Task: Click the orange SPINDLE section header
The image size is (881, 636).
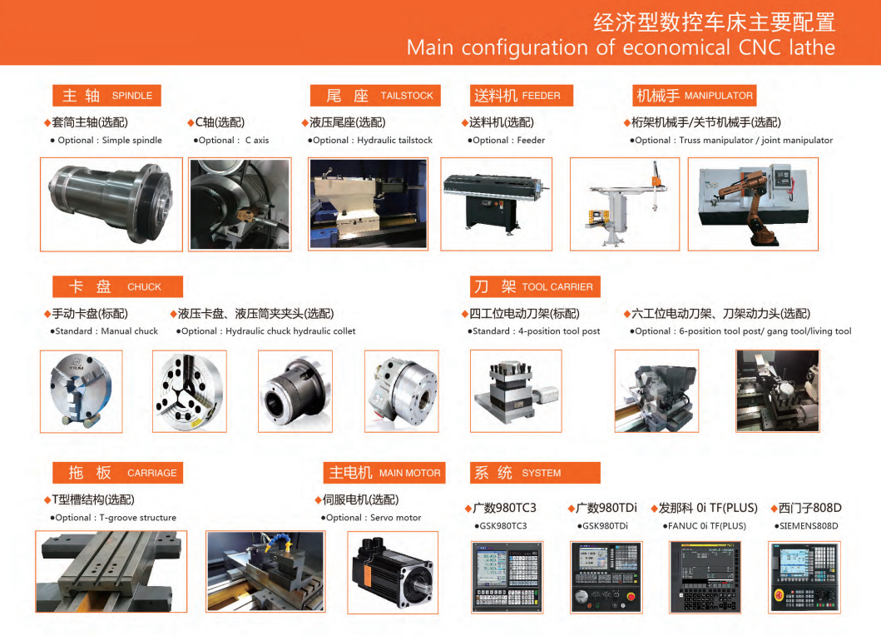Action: [106, 95]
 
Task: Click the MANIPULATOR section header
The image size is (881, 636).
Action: [695, 95]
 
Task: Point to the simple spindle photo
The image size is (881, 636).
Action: [111, 204]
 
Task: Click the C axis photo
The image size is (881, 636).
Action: [240, 204]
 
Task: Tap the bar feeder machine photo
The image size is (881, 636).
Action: [496, 204]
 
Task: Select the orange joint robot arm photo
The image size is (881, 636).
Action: [752, 204]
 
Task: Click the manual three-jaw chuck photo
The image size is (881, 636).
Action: [81, 390]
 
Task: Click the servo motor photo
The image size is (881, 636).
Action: [390, 570]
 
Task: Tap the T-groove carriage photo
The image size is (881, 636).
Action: [111, 570]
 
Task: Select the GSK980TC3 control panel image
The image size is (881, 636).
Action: [506, 576]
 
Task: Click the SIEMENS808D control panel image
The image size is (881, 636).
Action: [804, 576]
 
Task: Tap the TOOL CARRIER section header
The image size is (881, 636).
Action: [534, 286]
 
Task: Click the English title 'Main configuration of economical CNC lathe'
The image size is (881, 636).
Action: [620, 47]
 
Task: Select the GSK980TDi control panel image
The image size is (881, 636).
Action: [606, 576]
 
